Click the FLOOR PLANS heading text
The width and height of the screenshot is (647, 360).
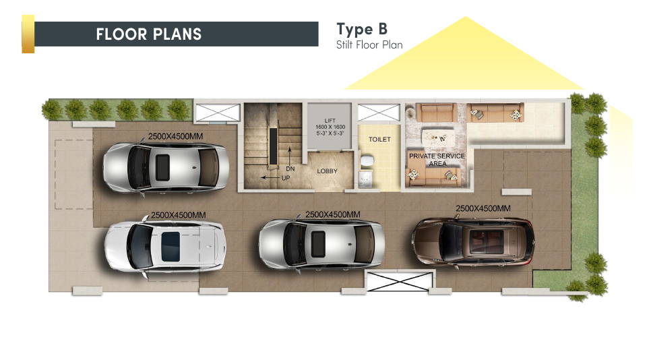pyautogui.click(x=148, y=34)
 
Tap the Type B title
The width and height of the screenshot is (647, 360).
pyautogui.click(x=362, y=29)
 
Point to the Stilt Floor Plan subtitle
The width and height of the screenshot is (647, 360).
pyautogui.click(x=369, y=44)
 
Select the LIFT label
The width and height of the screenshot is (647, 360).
pyautogui.click(x=330, y=121)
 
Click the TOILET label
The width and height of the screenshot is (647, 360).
pyautogui.click(x=379, y=140)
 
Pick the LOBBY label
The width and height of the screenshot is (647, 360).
pyautogui.click(x=328, y=171)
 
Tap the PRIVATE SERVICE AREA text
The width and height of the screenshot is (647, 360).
pyautogui.click(x=437, y=160)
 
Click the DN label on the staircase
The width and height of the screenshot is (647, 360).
pyautogui.click(x=290, y=169)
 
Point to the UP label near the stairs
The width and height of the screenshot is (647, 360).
pyautogui.click(x=286, y=178)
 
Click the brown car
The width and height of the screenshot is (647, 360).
pyautogui.click(x=473, y=242)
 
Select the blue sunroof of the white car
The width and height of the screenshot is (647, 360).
pyautogui.click(x=171, y=247)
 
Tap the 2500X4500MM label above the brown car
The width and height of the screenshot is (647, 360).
pyautogui.click(x=483, y=208)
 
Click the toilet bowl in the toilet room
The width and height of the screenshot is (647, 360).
pyautogui.click(x=367, y=160)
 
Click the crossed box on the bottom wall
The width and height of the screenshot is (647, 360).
pyautogui.click(x=399, y=281)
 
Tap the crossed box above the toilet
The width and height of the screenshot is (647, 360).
pyautogui.click(x=378, y=113)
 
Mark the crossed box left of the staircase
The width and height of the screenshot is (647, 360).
pyautogui.click(x=218, y=113)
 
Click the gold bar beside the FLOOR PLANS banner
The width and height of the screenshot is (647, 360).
pyautogui.click(x=28, y=34)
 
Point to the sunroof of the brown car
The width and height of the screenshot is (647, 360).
pyautogui.click(x=487, y=242)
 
